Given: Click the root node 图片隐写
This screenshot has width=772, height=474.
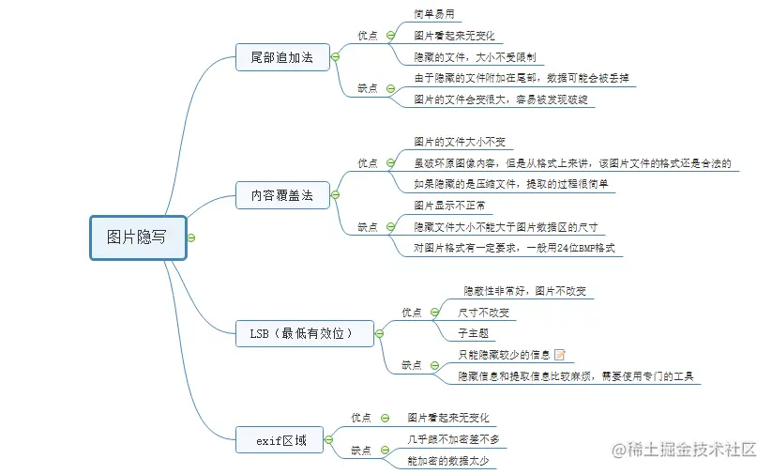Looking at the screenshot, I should coord(136,237).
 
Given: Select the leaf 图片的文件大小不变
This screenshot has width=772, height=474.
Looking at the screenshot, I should coord(460,142).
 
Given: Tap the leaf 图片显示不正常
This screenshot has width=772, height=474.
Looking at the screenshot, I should coord(448,205).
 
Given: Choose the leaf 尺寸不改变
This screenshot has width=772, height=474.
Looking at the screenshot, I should coord(484,312).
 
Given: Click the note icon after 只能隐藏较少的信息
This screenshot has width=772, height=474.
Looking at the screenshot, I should coord(560,355).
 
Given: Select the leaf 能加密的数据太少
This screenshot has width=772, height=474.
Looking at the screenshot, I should coord(447,460).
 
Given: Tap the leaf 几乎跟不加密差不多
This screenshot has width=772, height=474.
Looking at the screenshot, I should coord(453,438).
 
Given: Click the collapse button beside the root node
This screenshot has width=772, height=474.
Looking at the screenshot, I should coord(190,237).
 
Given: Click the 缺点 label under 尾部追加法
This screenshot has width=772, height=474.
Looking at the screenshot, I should coord(368,88).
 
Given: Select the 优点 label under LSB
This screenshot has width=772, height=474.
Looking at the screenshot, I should coord(412,312).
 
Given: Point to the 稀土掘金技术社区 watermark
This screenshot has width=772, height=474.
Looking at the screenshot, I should coord(686,450).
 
